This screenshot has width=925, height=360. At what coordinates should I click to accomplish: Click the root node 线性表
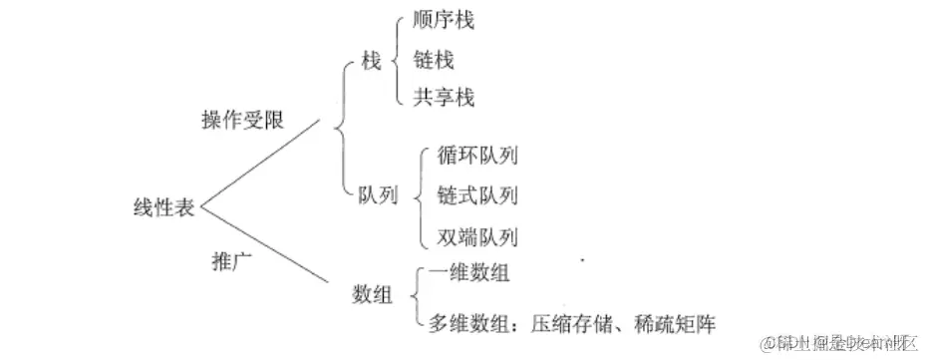tap(165, 208)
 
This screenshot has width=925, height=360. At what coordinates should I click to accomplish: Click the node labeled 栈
tap(371, 62)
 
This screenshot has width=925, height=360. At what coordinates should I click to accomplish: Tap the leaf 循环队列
tap(477, 156)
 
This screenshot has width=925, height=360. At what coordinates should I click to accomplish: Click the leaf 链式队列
tap(477, 195)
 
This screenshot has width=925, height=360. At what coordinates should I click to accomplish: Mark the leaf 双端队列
tap(477, 237)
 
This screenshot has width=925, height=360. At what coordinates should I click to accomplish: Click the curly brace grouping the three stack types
tap(396, 61)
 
